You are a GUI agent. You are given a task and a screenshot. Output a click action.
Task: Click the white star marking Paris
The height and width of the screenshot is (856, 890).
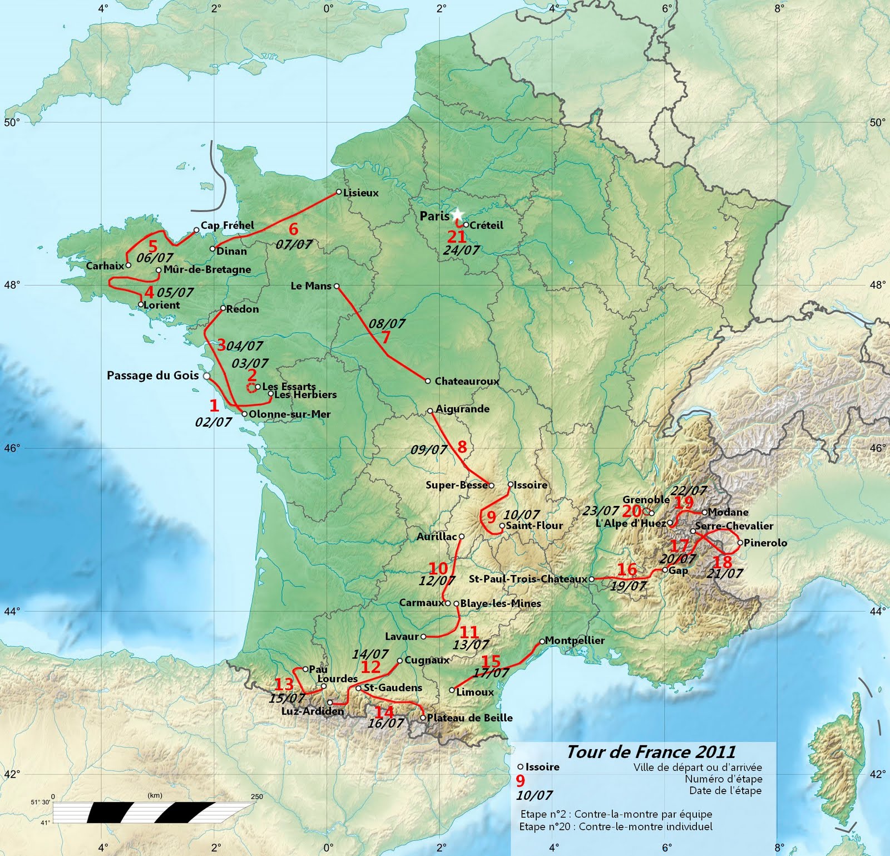[x=457, y=214]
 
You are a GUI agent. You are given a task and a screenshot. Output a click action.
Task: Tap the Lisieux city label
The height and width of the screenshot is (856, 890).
[x=360, y=193]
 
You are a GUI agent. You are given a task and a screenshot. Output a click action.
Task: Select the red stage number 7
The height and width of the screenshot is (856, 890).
[x=385, y=337]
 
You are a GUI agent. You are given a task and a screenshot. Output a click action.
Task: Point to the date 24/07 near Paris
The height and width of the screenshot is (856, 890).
[x=461, y=250]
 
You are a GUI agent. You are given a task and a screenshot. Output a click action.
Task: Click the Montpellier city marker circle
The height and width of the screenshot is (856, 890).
[x=542, y=641]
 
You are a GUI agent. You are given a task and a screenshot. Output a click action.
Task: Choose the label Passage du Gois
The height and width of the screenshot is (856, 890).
[x=152, y=376]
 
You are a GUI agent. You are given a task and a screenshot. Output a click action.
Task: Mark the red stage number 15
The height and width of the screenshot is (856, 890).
[x=491, y=661]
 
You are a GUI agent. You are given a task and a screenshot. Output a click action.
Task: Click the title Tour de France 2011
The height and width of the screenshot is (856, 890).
[x=651, y=752]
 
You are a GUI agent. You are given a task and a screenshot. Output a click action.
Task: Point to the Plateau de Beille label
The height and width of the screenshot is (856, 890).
[x=469, y=718]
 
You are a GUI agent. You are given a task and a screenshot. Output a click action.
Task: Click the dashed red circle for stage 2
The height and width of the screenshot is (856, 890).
[x=251, y=387]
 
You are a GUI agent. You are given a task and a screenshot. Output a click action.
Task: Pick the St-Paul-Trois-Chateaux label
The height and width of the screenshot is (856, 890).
[x=527, y=579]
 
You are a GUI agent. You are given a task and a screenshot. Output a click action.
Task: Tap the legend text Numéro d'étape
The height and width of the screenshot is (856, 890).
[x=723, y=779]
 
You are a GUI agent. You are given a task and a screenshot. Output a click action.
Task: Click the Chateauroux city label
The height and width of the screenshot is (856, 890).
[x=466, y=382]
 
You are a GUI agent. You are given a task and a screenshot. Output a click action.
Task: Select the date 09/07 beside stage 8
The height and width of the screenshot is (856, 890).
[x=428, y=450]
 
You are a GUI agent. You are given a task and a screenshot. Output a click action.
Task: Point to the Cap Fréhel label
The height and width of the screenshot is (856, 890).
[x=227, y=225]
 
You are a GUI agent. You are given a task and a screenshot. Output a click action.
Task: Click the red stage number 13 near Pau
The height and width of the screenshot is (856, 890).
[x=284, y=685]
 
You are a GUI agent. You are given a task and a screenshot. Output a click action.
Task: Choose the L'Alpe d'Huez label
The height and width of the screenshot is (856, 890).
[x=630, y=523]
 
